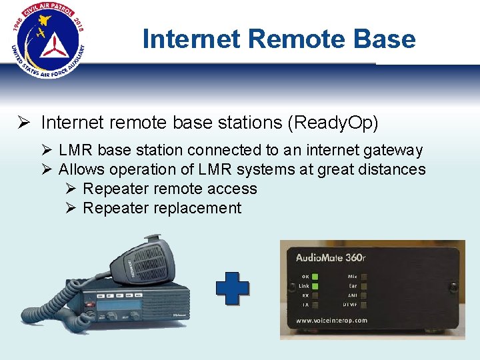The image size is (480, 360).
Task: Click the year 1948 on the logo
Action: pyautogui.click(x=19, y=27)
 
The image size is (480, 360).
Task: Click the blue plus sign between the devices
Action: pyautogui.click(x=233, y=288)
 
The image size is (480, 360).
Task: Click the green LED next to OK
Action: pyautogui.click(x=315, y=276)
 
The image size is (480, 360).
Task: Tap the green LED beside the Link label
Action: pyautogui.click(x=315, y=285)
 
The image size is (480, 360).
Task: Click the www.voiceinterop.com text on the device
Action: pyautogui.click(x=332, y=320)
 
